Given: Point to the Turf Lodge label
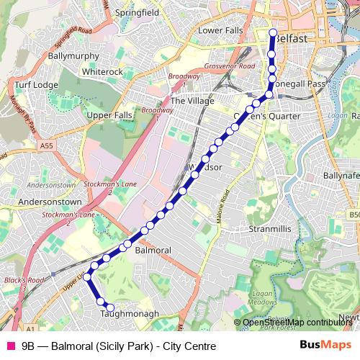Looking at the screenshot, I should point(35,85).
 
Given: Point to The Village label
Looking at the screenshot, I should point(192,102).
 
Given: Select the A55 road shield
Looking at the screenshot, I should point(47,145).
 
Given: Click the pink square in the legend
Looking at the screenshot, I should point(9,346).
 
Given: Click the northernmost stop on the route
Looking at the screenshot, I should point(273,33).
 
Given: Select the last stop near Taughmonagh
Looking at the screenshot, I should point(110,308).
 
